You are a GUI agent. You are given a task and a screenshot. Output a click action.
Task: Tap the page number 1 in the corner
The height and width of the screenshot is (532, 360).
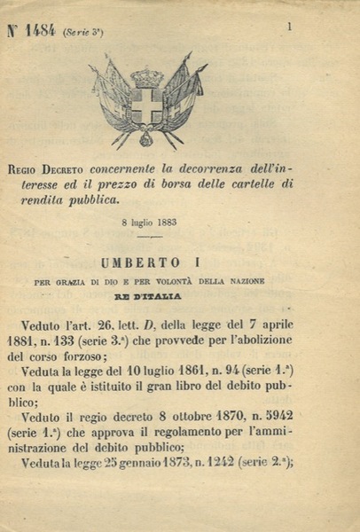pyautogui.click(x=289, y=27)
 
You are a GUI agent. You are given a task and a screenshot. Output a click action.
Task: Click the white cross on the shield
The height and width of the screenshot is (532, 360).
pyautogui.click(x=146, y=105)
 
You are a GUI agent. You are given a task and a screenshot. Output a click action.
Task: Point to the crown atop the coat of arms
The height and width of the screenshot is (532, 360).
pyautogui.click(x=147, y=77)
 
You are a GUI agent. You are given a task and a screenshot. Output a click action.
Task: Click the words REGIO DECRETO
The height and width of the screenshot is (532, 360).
pyautogui.click(x=56, y=169)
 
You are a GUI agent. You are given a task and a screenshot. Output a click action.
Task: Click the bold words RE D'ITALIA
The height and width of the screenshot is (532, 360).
pyautogui.click(x=151, y=297)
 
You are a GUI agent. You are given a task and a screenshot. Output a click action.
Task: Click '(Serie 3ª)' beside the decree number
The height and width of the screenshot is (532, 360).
pyautogui.click(x=83, y=32)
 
